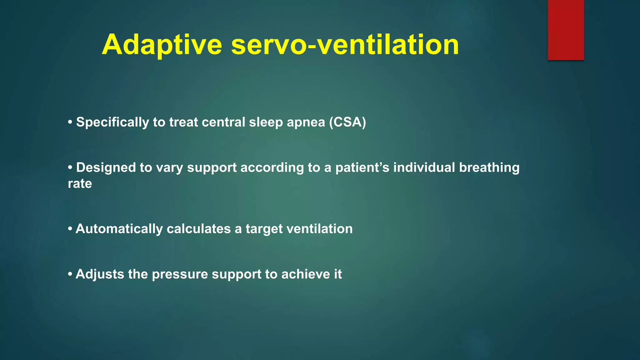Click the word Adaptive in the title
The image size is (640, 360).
click(x=162, y=44)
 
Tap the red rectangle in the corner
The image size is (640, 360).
click(x=566, y=30)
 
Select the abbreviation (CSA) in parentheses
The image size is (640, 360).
click(x=347, y=122)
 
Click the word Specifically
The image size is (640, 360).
click(x=112, y=122)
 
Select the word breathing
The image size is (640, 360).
click(x=489, y=167)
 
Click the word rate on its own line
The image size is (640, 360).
click(x=80, y=183)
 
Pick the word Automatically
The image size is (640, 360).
click(x=119, y=229)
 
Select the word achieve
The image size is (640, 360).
click(x=305, y=274)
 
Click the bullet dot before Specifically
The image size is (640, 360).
click(x=70, y=122)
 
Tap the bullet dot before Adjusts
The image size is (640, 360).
click(x=70, y=274)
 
